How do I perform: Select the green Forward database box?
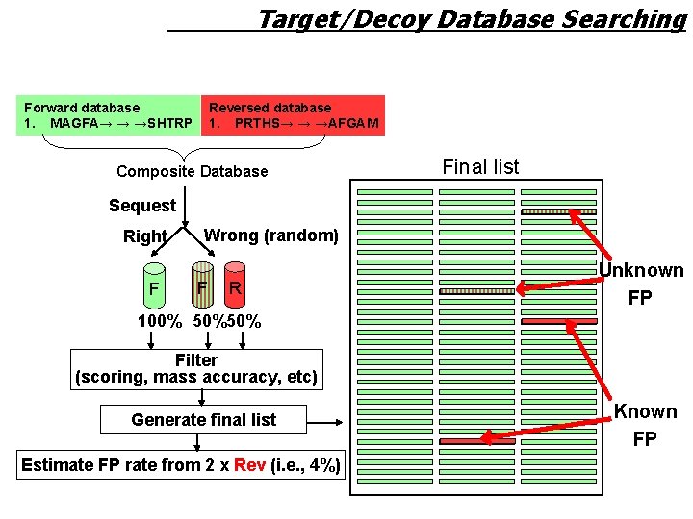[x=108, y=115]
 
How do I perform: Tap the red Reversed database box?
[x=293, y=115]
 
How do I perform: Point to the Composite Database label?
[x=192, y=171]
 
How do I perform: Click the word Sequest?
[x=142, y=205]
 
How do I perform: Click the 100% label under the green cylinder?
[x=160, y=321]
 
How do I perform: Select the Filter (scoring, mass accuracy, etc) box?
[x=196, y=368]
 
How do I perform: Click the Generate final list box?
[x=203, y=419]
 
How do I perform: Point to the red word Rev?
[x=249, y=465]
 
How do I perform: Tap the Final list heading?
[x=480, y=166]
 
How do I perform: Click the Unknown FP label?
[x=641, y=284]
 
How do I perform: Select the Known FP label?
[x=645, y=425]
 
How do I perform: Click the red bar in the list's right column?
[x=558, y=321]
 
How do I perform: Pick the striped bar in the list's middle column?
[x=476, y=291]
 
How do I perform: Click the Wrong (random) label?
[x=270, y=235]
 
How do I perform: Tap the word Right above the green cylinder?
[x=145, y=236]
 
